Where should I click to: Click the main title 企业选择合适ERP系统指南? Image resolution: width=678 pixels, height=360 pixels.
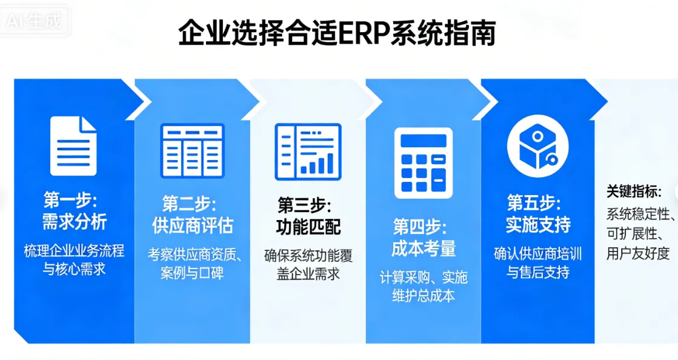[x=337, y=33]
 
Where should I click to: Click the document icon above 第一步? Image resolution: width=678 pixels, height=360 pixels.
[x=73, y=146]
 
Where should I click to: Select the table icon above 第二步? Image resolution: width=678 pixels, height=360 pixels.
[x=192, y=151]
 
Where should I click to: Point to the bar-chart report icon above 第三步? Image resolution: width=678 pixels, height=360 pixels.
[x=308, y=152]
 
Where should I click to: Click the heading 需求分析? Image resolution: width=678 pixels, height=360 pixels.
[x=74, y=222]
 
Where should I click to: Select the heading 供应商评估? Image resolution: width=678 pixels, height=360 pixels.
[x=192, y=225]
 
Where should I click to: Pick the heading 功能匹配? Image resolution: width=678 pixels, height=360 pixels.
[x=308, y=227]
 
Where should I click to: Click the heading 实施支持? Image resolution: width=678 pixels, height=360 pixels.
[x=538, y=225]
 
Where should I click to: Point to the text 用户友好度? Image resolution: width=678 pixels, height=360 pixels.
[x=638, y=253]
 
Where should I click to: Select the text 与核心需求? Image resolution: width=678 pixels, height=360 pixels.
[x=74, y=269]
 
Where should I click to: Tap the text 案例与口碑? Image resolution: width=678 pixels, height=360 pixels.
[x=192, y=273]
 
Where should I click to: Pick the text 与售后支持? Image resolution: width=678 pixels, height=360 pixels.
[x=538, y=273]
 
